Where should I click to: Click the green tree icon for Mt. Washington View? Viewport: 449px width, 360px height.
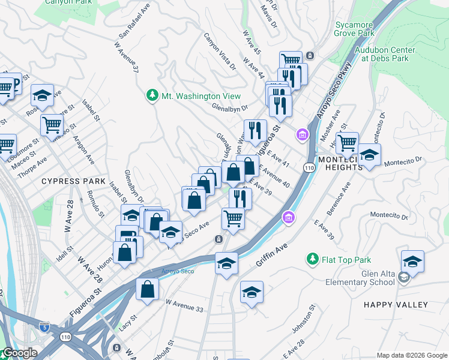pos(152,96)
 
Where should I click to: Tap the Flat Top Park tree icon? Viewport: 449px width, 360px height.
pos(312,259)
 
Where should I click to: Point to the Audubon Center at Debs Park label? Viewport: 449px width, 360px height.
pos(384,55)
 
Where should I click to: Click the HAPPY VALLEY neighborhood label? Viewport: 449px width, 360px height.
pos(396,305)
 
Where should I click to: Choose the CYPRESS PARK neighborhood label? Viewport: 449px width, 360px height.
pos(73,181)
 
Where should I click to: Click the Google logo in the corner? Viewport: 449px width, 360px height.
pos(19,353)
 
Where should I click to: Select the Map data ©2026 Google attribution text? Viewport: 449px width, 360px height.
pos(411,355)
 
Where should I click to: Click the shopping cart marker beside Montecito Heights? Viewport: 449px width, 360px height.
pos(347,143)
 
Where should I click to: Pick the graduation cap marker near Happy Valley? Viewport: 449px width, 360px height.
pos(413,262)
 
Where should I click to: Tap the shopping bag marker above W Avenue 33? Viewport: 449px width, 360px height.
pos(147,289)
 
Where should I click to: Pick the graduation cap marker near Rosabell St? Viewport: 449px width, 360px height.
pos(43,95)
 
